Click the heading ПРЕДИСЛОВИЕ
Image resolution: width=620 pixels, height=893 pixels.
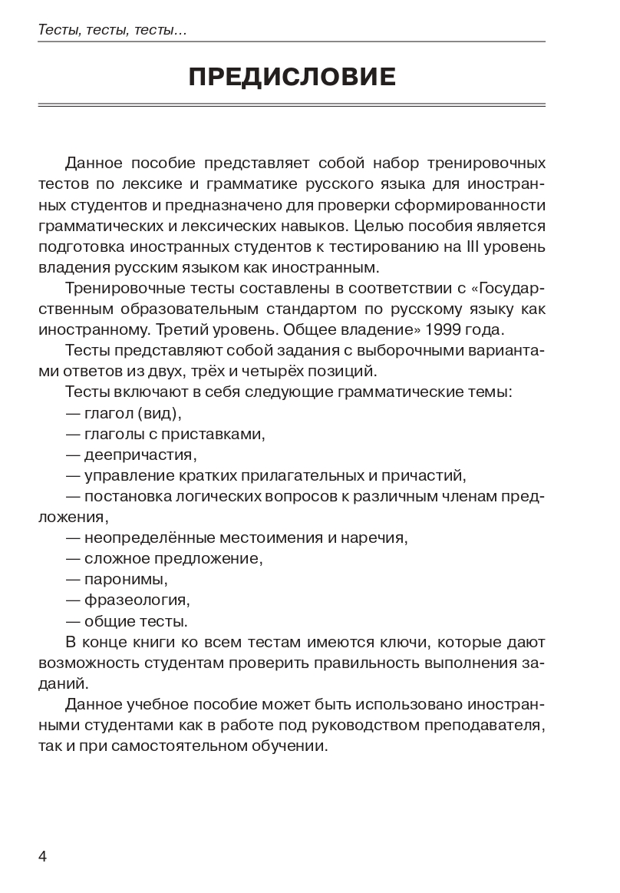click(x=292, y=77)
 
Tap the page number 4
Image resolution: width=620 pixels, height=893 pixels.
click(x=43, y=856)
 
